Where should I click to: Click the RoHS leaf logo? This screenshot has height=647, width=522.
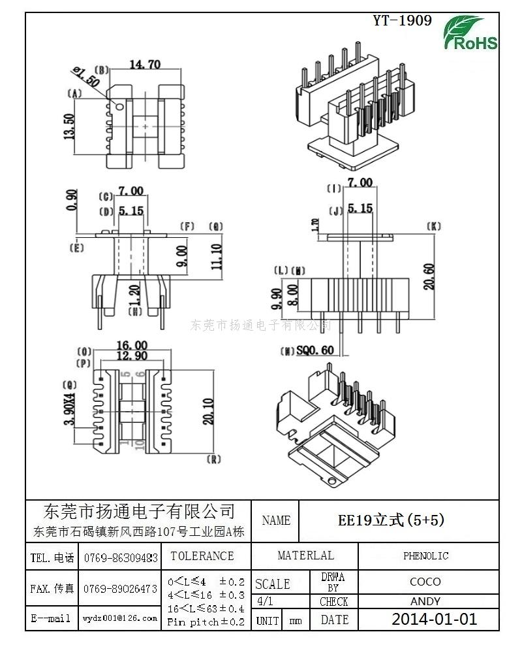pyautogui.click(x=470, y=33)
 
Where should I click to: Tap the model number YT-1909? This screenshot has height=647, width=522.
pyautogui.click(x=402, y=21)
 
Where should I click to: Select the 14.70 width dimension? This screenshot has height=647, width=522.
pyautogui.click(x=145, y=64)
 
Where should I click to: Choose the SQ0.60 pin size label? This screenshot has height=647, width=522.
pyautogui.click(x=315, y=350)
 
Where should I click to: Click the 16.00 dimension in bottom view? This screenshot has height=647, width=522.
pyautogui.click(x=132, y=345)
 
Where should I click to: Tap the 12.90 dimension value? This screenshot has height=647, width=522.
pyautogui.click(x=132, y=356)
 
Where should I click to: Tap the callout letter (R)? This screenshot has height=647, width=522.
pyautogui.click(x=213, y=459)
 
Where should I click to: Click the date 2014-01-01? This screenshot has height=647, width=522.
pyautogui.click(x=435, y=619)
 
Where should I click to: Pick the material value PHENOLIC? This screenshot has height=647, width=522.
pyautogui.click(x=425, y=556)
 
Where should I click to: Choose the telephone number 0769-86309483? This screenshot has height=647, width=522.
pyautogui.click(x=120, y=557)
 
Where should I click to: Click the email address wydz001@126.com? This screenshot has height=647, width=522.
pyautogui.click(x=120, y=618)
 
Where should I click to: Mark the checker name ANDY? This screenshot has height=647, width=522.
pyautogui.click(x=425, y=601)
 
